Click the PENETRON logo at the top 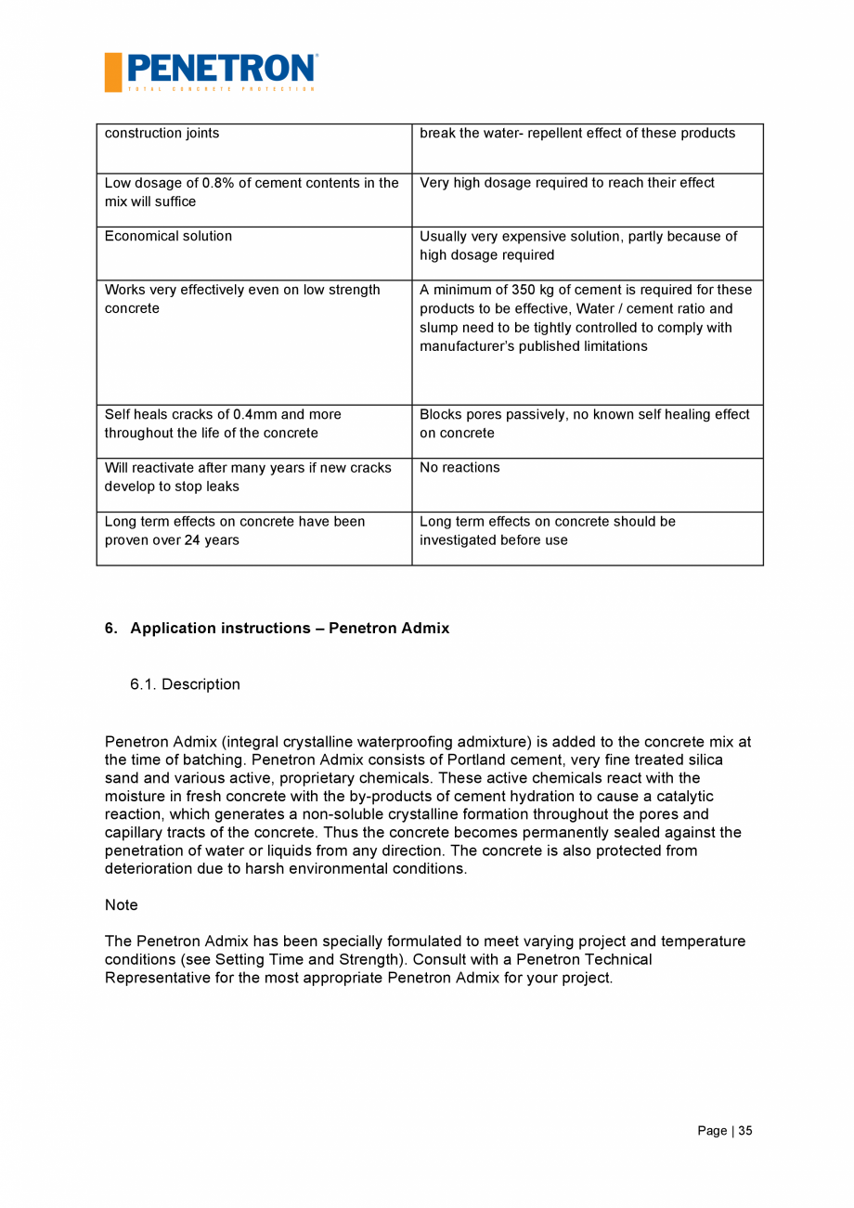221,69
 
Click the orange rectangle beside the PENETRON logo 113,72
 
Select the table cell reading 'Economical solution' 168,237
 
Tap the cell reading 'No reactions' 459,468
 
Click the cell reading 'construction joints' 162,134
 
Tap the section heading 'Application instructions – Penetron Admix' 289,629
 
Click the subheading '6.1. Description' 185,684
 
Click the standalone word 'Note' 121,905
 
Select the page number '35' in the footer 745,1131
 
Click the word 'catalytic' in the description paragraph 682,797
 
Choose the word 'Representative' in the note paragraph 151,978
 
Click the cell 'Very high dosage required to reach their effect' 566,183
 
